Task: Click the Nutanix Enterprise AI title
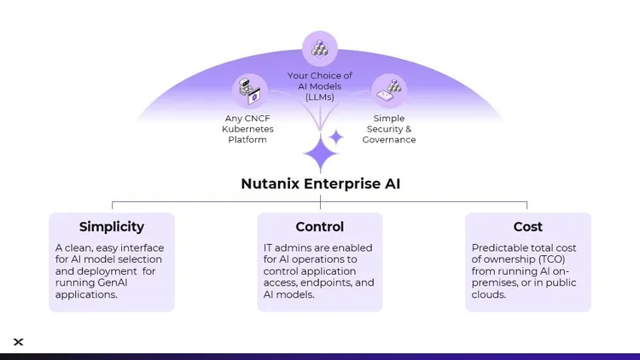(320, 183)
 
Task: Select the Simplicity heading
(112, 227)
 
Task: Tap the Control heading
(320, 227)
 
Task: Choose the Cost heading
(528, 227)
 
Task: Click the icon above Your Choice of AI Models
(320, 49)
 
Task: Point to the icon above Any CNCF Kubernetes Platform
(250, 90)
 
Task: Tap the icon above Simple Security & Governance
(389, 90)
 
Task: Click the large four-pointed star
(320, 155)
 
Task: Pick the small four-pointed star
(336, 136)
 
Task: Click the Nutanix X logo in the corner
(19, 342)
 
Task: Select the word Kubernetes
(247, 129)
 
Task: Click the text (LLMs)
(320, 97)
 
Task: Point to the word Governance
(389, 140)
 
